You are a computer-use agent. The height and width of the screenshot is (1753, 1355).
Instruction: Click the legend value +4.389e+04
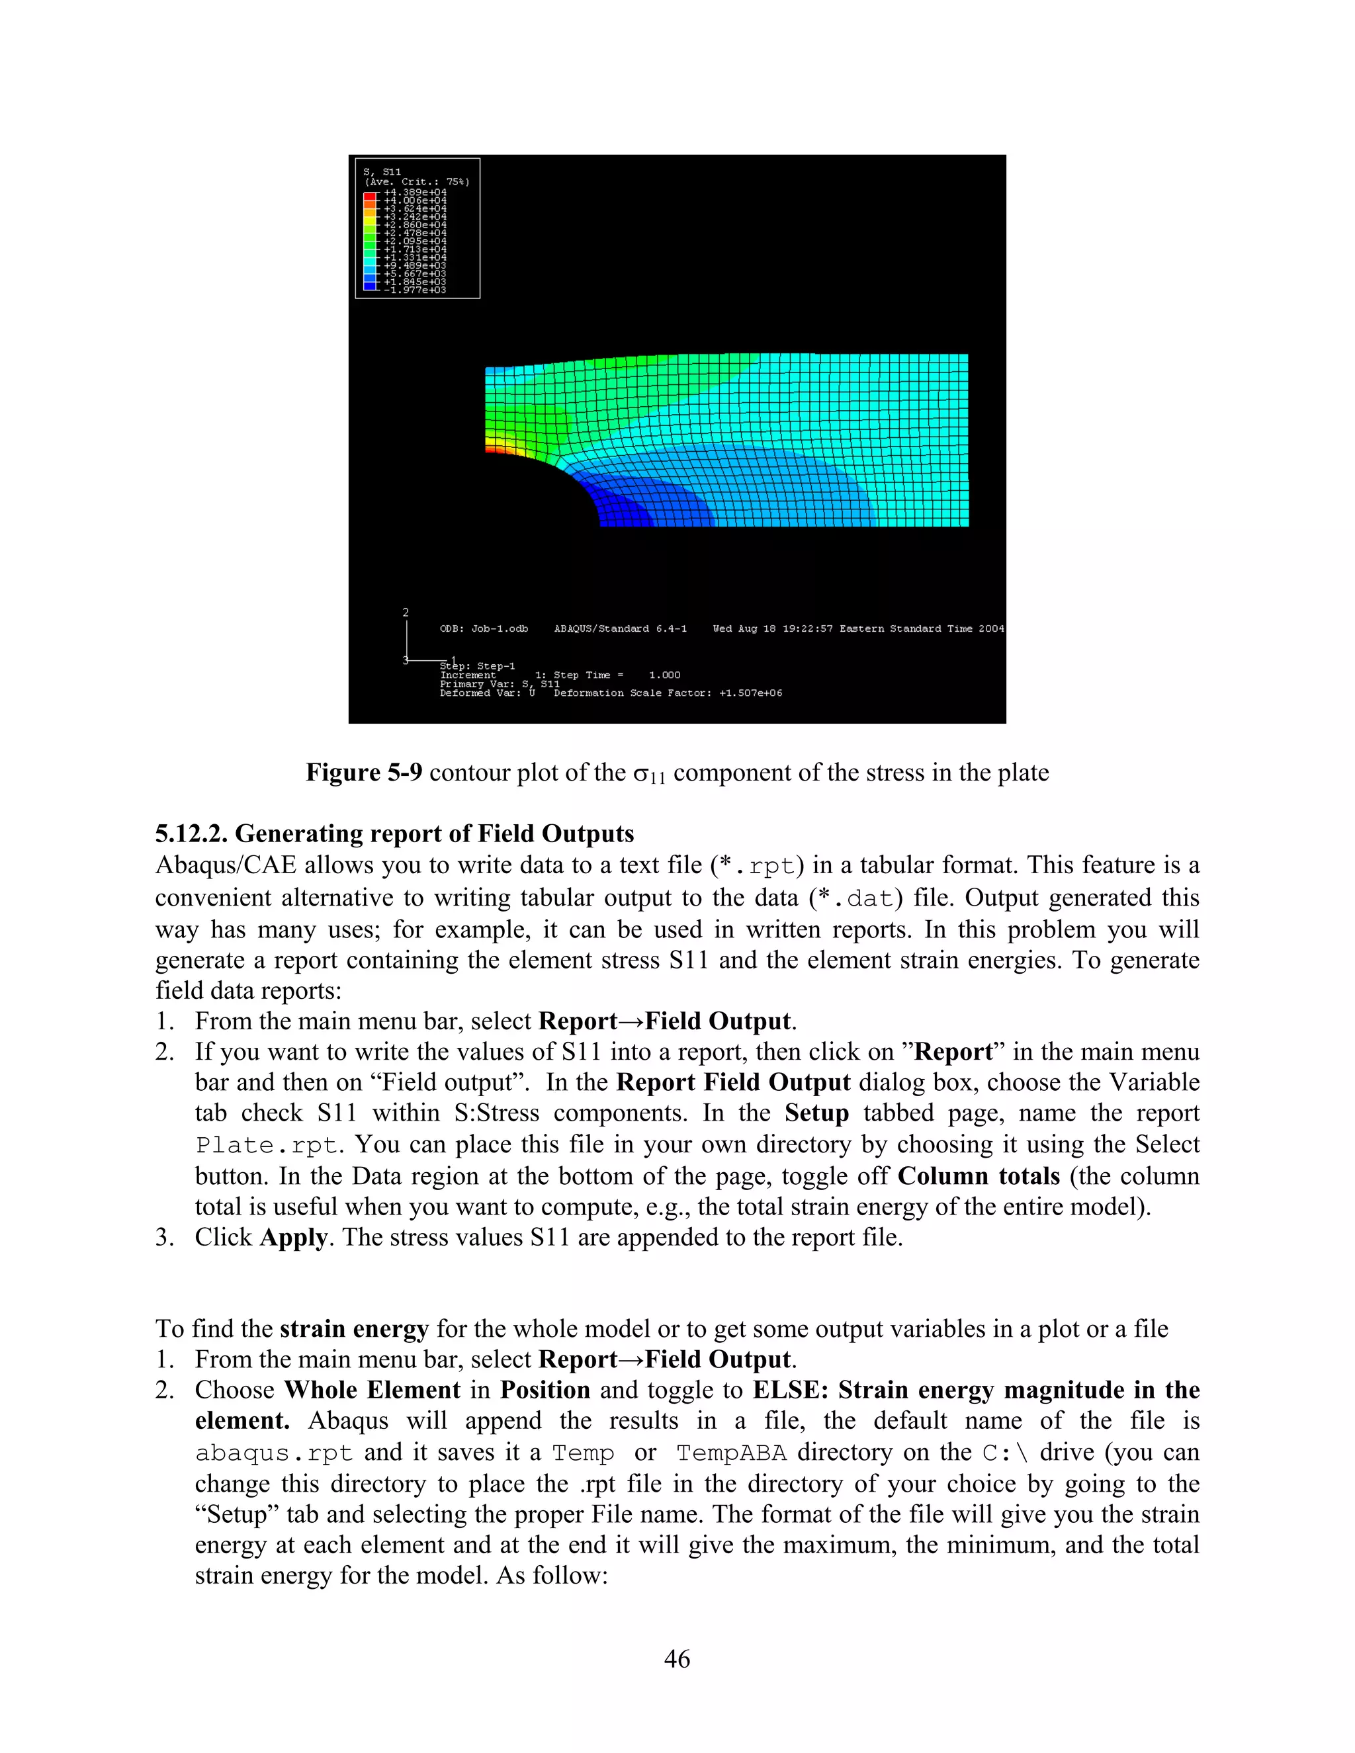pos(415,192)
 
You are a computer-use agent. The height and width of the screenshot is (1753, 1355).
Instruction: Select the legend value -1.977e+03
pos(415,290)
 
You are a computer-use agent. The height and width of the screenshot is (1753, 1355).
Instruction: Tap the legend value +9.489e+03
pos(415,266)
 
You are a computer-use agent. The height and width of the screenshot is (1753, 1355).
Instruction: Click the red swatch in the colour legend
pos(370,194)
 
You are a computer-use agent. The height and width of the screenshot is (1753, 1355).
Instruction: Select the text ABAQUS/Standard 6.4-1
pos(620,628)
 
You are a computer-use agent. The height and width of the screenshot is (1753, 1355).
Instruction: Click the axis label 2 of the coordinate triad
pos(406,613)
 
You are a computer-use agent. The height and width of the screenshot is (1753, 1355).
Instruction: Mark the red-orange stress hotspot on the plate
pos(492,451)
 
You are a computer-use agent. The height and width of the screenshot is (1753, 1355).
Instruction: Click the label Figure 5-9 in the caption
pos(364,772)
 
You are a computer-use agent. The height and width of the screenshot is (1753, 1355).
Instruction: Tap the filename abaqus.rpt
pos(274,1453)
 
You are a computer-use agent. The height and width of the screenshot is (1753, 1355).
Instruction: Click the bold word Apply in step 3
pos(293,1237)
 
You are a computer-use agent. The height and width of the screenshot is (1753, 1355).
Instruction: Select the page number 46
pos(677,1659)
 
